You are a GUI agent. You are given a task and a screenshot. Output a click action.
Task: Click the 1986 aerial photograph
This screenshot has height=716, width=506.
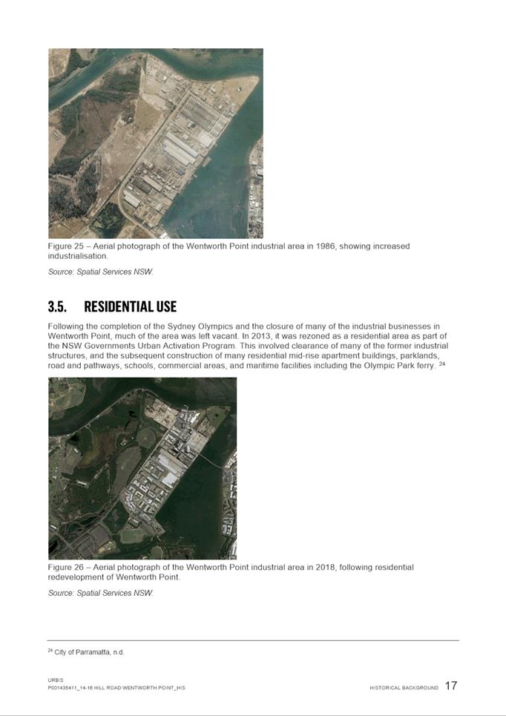tap(155, 143)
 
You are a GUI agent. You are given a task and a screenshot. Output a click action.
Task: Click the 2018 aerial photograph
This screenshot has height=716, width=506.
tap(142, 467)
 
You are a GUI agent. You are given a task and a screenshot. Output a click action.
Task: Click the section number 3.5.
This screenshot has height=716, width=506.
tap(58, 306)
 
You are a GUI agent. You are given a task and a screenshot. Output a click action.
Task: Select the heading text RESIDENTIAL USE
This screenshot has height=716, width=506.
tap(130, 306)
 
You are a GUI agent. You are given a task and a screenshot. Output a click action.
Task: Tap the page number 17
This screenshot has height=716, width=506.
tap(451, 686)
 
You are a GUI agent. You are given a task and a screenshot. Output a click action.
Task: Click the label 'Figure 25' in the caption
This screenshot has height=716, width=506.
tap(65, 246)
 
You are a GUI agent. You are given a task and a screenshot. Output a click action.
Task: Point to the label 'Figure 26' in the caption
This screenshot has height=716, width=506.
tap(65, 567)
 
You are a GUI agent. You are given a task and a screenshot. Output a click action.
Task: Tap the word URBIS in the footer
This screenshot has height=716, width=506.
tap(56, 680)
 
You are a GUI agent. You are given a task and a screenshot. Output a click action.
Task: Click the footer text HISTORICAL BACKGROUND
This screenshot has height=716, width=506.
tap(404, 688)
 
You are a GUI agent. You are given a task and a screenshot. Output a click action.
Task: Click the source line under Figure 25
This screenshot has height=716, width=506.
tap(100, 272)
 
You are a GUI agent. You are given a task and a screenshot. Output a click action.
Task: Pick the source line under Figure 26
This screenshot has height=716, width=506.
tap(100, 593)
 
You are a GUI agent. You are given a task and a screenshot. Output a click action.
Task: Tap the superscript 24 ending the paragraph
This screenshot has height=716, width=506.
tap(441, 364)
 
